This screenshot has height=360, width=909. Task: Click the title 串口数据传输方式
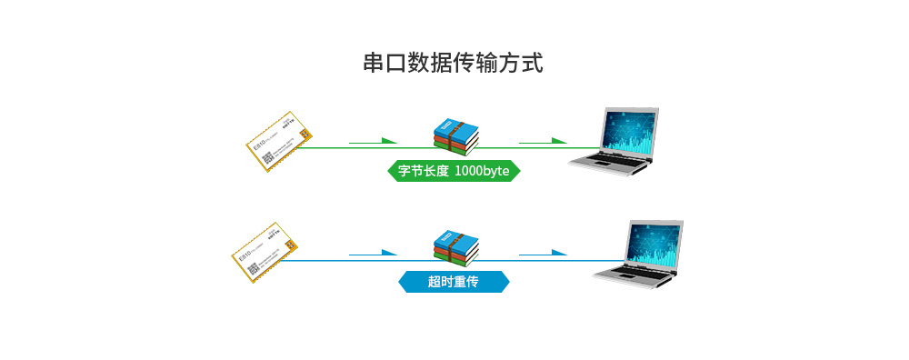(454, 65)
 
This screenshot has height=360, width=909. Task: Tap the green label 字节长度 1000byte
(454, 170)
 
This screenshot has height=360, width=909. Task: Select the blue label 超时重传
(454, 282)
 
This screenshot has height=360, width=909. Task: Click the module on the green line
(278, 141)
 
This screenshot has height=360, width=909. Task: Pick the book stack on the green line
(454, 134)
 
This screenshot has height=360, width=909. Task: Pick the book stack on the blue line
(454, 246)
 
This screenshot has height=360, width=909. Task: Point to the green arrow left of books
(374, 141)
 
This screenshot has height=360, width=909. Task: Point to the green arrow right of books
(544, 141)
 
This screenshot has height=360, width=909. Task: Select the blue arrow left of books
(374, 253)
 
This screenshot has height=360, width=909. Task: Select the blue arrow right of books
(544, 253)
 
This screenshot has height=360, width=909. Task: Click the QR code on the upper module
(268, 157)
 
